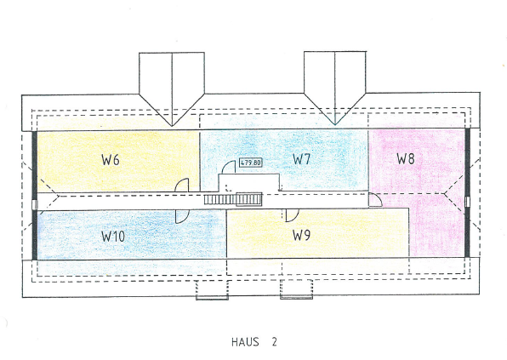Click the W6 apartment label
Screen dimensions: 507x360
(111, 160)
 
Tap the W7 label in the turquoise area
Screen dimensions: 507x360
(301, 159)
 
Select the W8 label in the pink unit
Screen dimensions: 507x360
(406, 158)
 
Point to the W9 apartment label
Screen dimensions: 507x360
(301, 235)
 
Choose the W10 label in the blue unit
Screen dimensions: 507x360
(113, 237)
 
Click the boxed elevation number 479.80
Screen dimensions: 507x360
(251, 163)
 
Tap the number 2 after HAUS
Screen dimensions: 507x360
(274, 342)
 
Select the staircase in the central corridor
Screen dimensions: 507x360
(233, 199)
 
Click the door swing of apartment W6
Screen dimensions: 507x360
(181, 186)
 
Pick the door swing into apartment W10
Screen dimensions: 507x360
(182, 217)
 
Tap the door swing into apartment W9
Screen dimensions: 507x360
(292, 215)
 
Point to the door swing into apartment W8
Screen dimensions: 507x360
(375, 199)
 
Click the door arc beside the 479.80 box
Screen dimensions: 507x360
(228, 167)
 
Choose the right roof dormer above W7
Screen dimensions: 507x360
(334, 88)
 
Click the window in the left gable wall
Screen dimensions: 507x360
(35, 205)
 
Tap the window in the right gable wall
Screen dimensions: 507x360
(467, 202)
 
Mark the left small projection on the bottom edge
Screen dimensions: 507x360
(212, 290)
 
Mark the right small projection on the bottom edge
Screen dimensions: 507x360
(297, 289)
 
